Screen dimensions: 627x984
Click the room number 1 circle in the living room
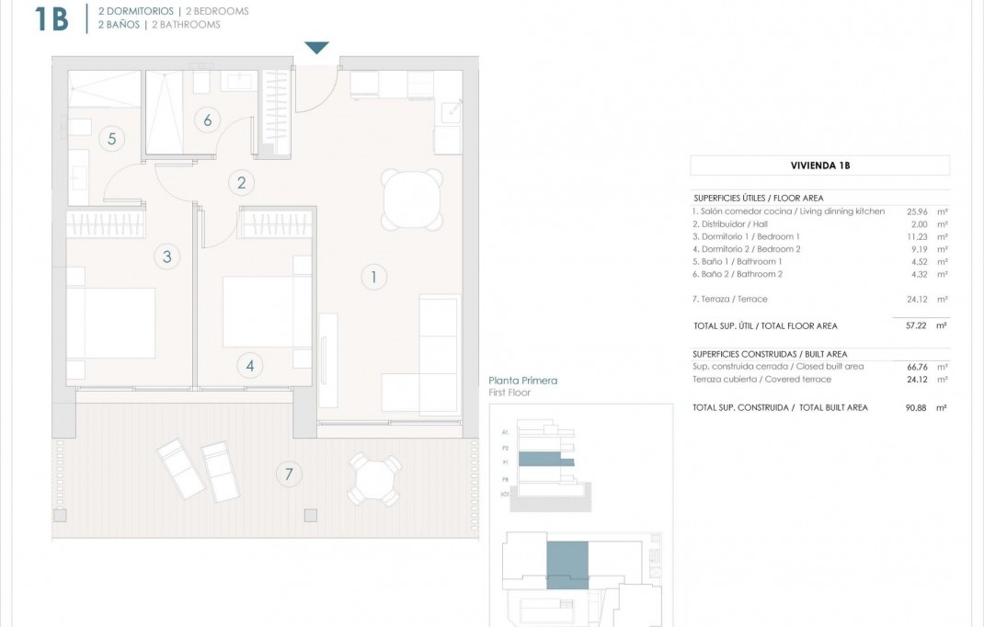tap(373, 276)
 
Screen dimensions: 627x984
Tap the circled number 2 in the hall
tap(241, 182)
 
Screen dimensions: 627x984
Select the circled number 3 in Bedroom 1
tap(166, 256)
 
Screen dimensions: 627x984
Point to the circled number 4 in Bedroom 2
tap(249, 365)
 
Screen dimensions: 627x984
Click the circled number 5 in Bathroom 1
tap(111, 139)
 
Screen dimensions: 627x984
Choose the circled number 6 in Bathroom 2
tap(208, 120)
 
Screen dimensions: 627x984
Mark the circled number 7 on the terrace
tap(289, 474)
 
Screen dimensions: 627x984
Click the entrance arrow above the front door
tap(316, 48)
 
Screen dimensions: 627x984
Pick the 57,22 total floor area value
tap(908, 325)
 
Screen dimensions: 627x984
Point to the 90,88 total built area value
tap(908, 407)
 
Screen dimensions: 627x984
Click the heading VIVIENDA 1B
tap(819, 166)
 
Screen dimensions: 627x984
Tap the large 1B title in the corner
tap(51, 18)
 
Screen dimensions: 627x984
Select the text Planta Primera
tap(523, 381)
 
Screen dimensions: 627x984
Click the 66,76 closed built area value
tap(908, 366)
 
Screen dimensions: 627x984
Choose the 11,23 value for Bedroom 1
tap(908, 236)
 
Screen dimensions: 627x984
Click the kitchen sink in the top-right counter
tap(450, 111)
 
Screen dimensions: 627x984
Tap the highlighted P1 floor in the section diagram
tap(546, 461)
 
